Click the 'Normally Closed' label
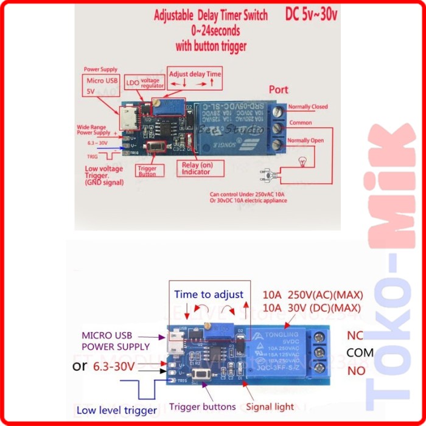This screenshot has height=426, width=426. point(307,107)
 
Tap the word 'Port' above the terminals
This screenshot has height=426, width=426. point(278,89)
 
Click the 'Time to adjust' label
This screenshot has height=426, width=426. point(208,295)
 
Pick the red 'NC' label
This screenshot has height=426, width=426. point(355,335)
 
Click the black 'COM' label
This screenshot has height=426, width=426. point(360,352)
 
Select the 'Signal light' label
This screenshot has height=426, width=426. point(270,407)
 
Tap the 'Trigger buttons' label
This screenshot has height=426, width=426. point(202,407)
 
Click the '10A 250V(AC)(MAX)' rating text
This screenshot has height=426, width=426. point(311,295)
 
